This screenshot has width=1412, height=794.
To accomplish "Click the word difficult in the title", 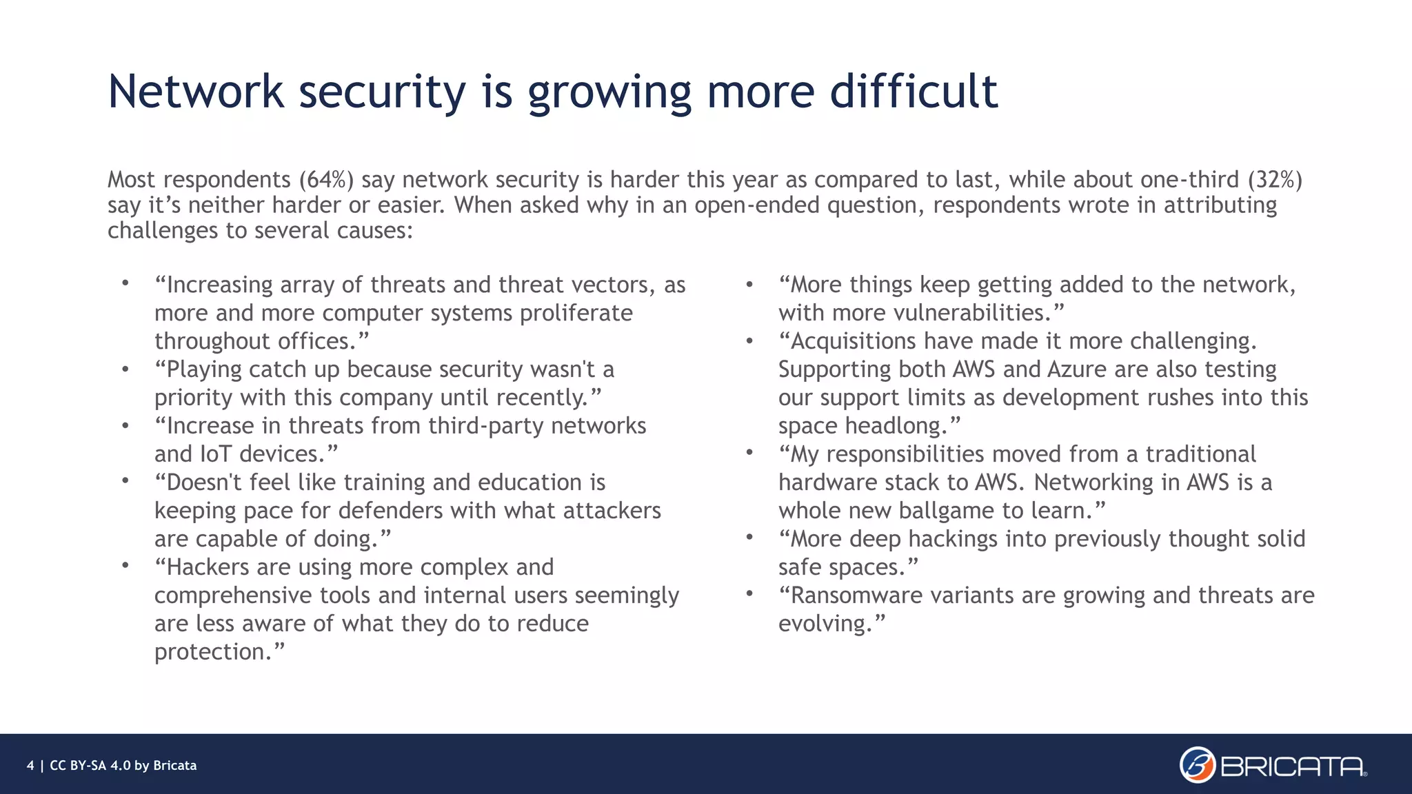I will [x=914, y=91].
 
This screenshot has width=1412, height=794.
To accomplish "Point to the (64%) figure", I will [x=326, y=179].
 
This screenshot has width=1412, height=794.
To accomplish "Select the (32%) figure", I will [x=1275, y=179].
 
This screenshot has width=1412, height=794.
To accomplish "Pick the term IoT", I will [x=216, y=454].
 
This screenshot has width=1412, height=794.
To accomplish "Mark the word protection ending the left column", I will [x=211, y=652].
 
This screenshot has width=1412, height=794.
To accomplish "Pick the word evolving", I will [x=825, y=624].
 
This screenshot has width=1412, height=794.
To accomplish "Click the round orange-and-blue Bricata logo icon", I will [x=1198, y=765].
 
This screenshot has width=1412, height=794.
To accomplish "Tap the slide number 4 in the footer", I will [x=30, y=766].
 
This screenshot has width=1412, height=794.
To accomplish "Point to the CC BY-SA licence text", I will [x=123, y=766].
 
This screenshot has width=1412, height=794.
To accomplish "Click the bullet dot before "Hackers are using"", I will [x=125, y=566].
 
